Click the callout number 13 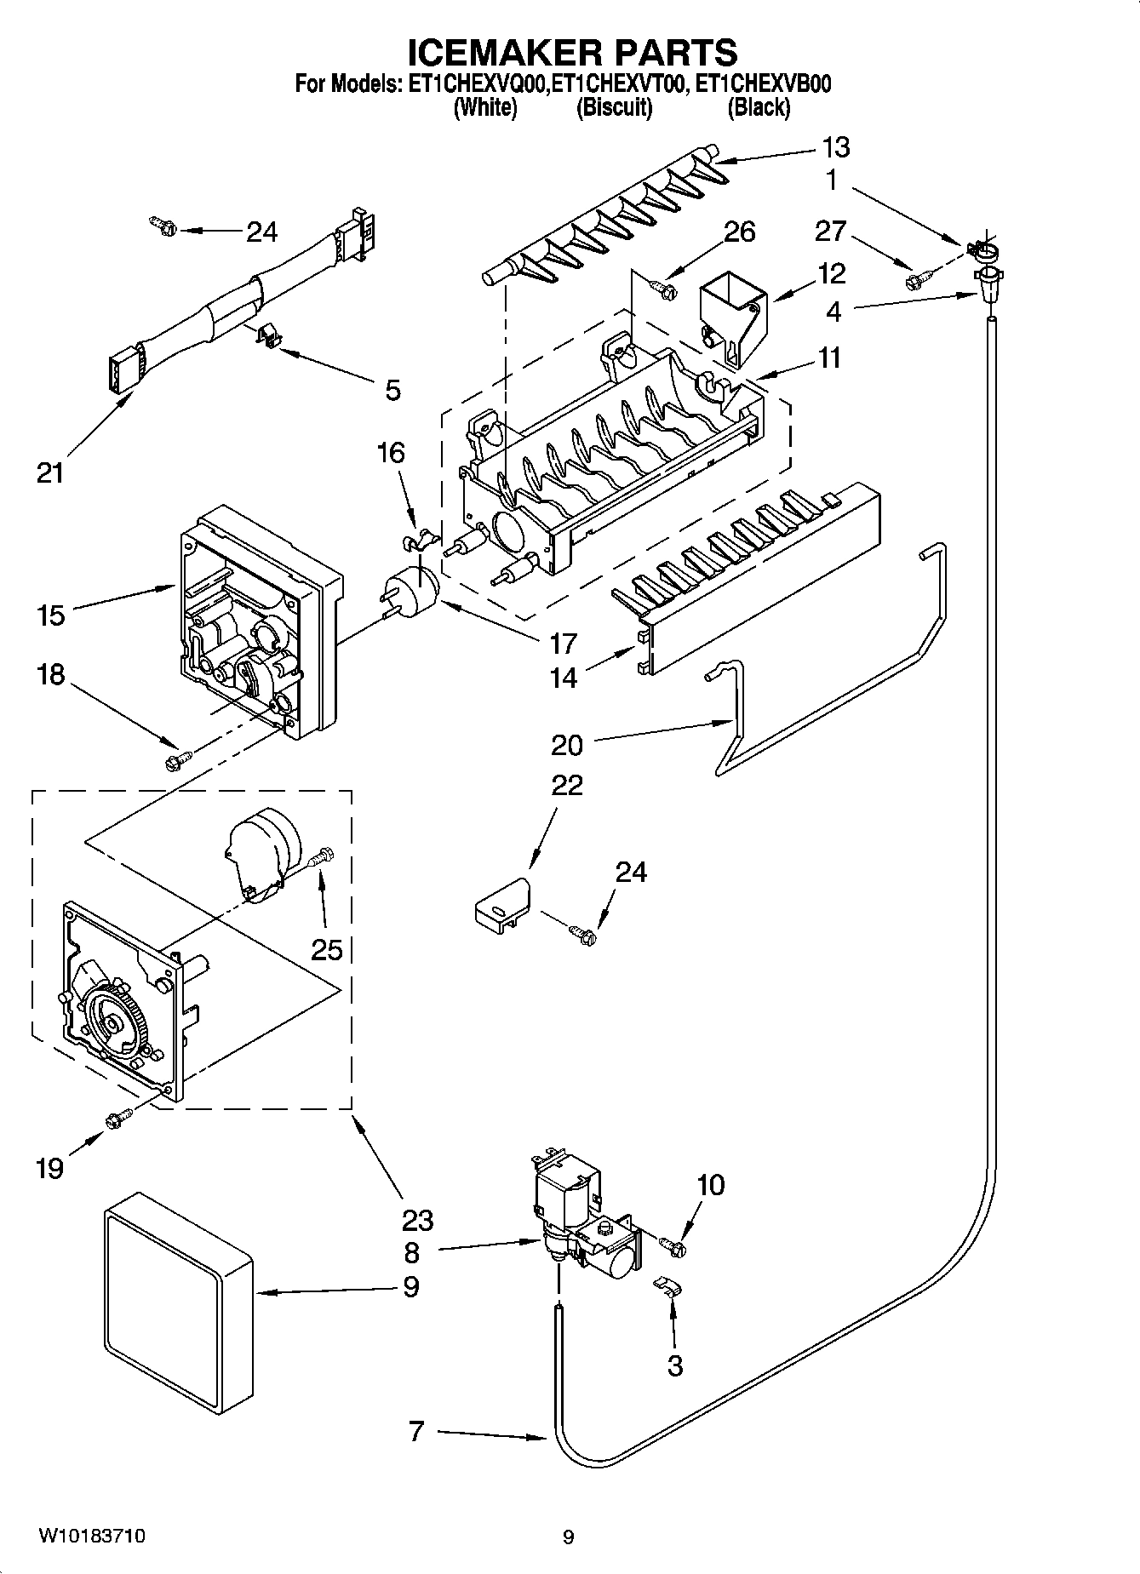click(836, 147)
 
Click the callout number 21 click(50, 472)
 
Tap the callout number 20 click(567, 745)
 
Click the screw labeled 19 click(117, 1120)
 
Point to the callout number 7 click(415, 1431)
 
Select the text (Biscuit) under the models click(614, 107)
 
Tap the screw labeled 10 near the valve click(676, 1245)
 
